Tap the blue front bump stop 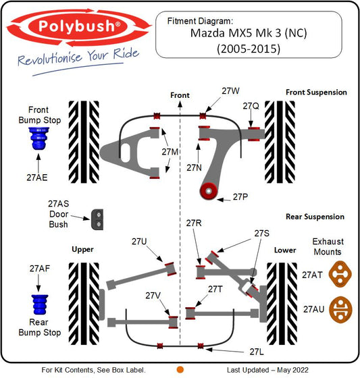pos(38,138)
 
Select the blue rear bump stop pos(40,304)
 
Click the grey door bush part pos(97,219)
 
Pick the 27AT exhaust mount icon pos(340,274)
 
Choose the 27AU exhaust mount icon pos(340,310)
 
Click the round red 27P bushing pos(208,191)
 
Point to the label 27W pos(231,91)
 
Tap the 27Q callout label pos(251,106)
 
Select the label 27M pos(170,152)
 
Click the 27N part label pos(194,167)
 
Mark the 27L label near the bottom pos(257,352)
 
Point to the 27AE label pos(37,178)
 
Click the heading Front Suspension pos(316,92)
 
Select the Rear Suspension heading pos(315,217)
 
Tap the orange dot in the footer pos(180,370)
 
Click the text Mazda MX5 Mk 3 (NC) pos(249,33)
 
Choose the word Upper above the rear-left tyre pos(82,250)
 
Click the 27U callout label pos(139,242)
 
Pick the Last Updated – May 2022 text pos(267,370)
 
